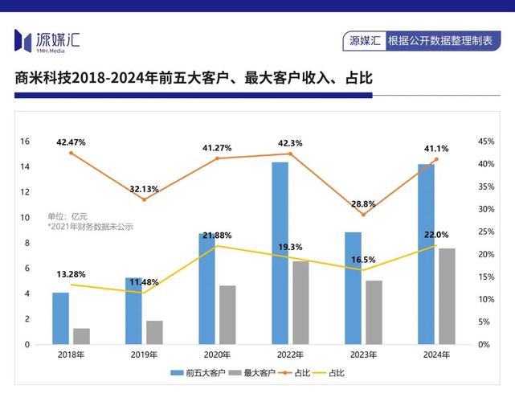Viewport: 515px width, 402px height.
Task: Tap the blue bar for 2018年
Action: tap(60, 318)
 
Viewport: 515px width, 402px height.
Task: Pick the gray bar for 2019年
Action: tap(154, 332)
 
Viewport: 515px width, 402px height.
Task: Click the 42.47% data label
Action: tap(71, 142)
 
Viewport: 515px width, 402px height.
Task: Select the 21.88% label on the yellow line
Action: tap(217, 236)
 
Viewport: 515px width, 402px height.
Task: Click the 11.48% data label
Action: tap(144, 282)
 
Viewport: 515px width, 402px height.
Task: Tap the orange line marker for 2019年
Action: tap(144, 199)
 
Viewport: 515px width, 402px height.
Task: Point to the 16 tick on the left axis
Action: tap(25, 142)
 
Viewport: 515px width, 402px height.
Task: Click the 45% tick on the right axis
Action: tap(485, 142)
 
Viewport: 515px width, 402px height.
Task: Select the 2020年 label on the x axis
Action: tap(217, 355)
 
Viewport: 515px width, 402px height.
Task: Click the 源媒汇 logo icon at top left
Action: tap(23, 39)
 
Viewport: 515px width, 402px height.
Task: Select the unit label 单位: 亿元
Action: tap(67, 216)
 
